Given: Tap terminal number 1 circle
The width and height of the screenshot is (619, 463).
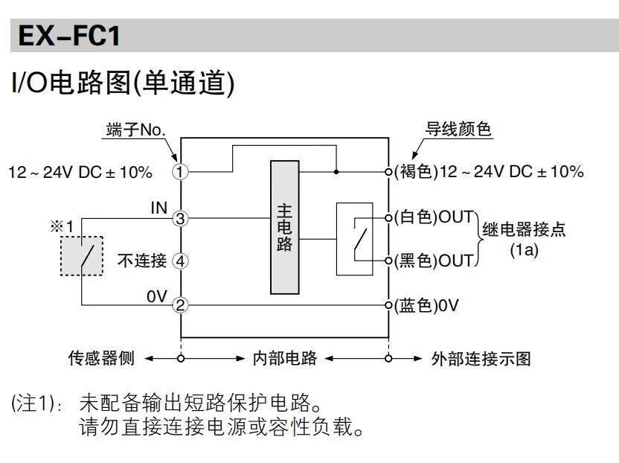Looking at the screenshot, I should [x=180, y=172].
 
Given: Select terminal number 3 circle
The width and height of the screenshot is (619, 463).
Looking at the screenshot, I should [x=180, y=219].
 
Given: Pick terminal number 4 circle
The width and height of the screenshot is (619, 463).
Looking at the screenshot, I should [x=180, y=261].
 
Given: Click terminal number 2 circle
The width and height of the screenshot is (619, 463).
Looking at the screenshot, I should [x=180, y=305].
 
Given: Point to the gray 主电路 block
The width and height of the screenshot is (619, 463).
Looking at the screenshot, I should [x=284, y=226].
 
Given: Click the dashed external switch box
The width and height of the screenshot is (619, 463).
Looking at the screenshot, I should [x=81, y=256].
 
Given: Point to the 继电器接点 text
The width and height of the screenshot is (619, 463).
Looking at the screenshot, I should [x=524, y=229].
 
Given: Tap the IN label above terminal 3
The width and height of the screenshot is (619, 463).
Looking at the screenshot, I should [x=158, y=208].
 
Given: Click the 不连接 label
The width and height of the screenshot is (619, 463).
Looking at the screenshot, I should [x=142, y=261].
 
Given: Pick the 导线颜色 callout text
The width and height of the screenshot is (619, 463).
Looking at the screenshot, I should [x=458, y=130].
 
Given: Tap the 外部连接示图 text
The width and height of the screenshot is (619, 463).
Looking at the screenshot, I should [x=481, y=359].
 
